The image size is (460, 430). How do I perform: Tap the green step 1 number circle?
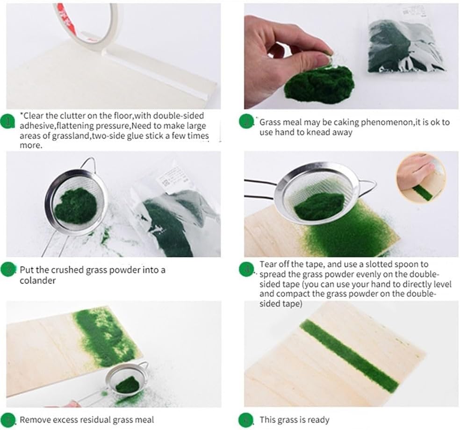[x=7, y=122]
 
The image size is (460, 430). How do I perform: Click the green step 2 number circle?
[x=246, y=122]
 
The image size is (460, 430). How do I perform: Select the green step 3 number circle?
[x=7, y=270]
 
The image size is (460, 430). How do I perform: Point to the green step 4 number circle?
[x=246, y=270]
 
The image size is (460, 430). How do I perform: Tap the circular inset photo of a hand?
[x=421, y=179]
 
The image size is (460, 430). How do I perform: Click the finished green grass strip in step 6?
[x=349, y=357]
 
